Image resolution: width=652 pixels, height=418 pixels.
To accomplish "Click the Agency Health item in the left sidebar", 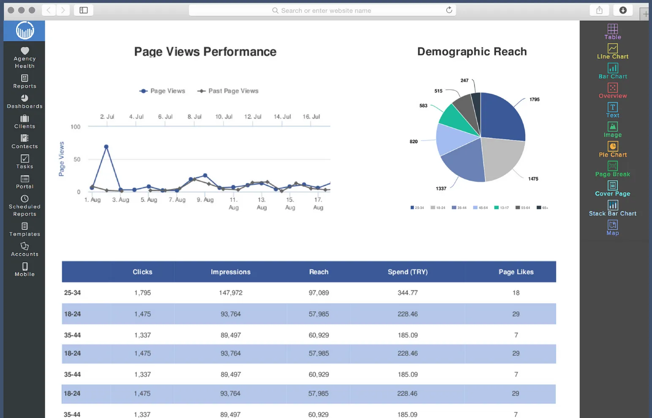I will point(25,57).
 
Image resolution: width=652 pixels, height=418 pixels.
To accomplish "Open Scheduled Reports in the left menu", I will point(25,205).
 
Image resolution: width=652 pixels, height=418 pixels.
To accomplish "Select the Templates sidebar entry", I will point(25,230).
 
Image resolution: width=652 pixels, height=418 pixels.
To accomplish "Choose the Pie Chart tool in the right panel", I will point(612,149).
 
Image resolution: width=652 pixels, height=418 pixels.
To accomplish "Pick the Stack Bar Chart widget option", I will point(612,208).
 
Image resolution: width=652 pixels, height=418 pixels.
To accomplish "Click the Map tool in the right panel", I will point(612,228).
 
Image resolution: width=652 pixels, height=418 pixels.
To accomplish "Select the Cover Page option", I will point(612,188).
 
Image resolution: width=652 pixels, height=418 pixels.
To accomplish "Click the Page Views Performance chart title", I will point(205,52).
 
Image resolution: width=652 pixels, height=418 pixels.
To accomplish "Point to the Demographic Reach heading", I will point(472,52).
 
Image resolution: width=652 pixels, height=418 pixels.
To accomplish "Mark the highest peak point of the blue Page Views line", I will point(106,147).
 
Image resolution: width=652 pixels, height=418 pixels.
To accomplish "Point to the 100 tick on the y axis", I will point(76,127).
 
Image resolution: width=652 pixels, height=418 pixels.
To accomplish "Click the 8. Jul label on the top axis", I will point(194,117).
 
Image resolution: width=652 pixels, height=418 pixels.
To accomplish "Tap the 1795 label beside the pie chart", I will point(534,100).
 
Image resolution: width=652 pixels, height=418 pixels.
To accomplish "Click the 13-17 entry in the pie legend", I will point(502,208).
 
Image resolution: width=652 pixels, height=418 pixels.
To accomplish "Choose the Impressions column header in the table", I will point(230,272).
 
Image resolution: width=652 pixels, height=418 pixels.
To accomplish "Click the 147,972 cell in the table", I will point(230,293).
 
